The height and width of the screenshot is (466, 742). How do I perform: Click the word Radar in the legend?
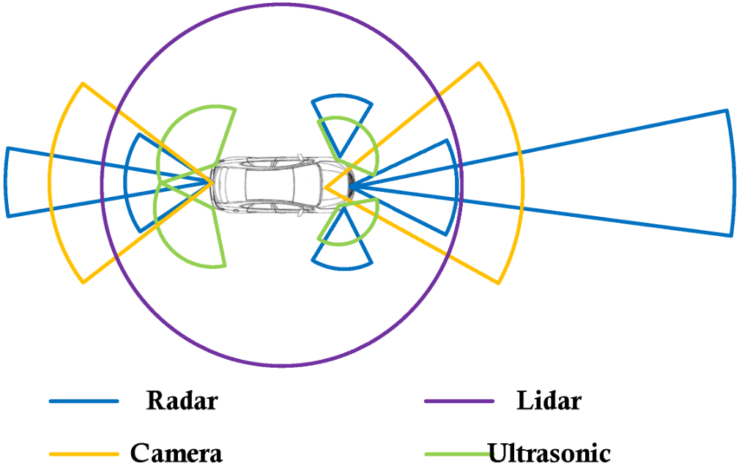point(182,401)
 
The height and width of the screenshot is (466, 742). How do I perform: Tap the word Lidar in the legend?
point(549,401)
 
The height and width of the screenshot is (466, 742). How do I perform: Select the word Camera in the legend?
point(176,453)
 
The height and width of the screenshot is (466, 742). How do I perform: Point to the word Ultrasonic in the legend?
point(549,453)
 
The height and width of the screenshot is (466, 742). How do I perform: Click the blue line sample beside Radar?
point(84,401)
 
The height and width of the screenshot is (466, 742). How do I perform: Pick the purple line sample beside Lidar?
point(459,401)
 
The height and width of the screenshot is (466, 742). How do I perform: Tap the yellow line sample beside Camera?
point(84,454)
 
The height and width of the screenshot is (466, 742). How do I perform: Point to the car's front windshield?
point(308,184)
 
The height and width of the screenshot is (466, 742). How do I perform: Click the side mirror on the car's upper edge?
point(300,158)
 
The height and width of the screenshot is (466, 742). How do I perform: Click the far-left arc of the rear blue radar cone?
point(6,182)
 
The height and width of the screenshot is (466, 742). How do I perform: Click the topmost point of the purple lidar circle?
point(282,4)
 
